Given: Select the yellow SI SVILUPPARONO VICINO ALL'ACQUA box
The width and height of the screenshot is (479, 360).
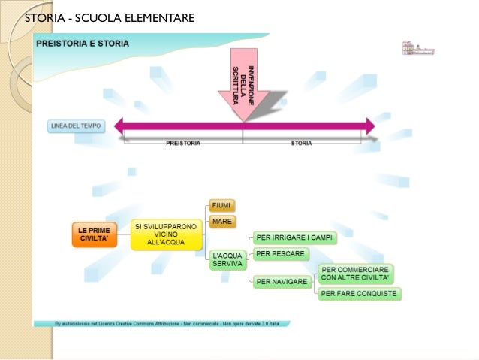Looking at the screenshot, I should point(167,234).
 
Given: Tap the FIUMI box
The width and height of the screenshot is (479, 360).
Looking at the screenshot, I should point(222,205).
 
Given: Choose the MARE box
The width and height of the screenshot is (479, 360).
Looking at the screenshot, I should point(222,222).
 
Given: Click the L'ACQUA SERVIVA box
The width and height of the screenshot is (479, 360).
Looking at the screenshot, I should point(227,260).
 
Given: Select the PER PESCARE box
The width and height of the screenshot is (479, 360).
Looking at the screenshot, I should point(281,254).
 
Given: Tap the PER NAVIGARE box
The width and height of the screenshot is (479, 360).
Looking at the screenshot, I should point(282,282).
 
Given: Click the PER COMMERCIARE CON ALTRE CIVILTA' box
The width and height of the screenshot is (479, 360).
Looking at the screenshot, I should point(354,273).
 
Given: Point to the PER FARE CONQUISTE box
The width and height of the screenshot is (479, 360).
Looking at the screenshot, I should point(358,293).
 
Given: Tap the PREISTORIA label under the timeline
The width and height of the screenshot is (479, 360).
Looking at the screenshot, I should point(183,142).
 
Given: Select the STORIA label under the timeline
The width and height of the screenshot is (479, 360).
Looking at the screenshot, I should point(301,142).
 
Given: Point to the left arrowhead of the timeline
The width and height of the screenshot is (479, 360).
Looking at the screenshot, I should point(120,126).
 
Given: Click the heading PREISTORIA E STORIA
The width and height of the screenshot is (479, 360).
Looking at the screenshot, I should point(83,44).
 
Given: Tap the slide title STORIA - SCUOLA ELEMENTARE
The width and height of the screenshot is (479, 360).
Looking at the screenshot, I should point(110,17).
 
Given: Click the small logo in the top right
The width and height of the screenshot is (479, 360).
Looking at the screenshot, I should point(418,49).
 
